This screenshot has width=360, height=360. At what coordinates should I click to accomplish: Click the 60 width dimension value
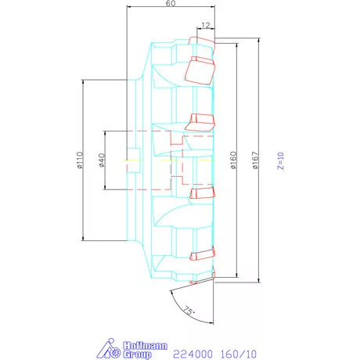pyautogui.click(x=170, y=5)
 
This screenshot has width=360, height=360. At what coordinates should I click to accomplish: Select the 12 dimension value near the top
pyautogui.click(x=205, y=26)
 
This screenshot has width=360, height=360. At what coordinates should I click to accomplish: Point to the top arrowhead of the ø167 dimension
pyautogui.click(x=257, y=38)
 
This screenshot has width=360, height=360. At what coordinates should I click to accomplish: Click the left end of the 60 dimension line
pyautogui.click(x=125, y=10)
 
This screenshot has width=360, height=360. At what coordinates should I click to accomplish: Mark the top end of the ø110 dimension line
pyautogui.click(x=82, y=80)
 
